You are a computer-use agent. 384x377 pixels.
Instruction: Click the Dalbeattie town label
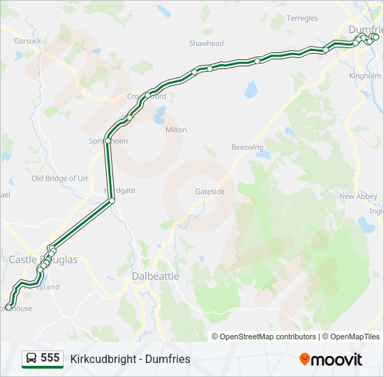point(156,276)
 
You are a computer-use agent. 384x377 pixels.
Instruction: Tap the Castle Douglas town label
point(43,260)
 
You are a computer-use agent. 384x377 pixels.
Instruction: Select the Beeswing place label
point(248,147)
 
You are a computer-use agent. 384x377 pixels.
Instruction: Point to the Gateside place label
point(209,191)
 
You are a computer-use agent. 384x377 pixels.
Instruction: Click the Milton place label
point(176,130)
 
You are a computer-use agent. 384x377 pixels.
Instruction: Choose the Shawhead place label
point(206,43)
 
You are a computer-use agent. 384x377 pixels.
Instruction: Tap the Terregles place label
point(302,18)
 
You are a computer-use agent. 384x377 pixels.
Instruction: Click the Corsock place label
point(28,41)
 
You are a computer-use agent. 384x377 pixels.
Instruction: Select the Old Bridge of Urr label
point(60,179)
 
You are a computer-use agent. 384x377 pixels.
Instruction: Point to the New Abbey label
point(358,197)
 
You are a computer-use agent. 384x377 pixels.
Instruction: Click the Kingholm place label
point(365,75)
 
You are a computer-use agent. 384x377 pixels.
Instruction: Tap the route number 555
point(50,358)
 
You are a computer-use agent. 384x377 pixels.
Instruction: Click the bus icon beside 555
point(31,359)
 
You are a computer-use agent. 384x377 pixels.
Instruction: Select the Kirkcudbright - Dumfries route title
point(130,359)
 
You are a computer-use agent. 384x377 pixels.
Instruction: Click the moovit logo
point(331,359)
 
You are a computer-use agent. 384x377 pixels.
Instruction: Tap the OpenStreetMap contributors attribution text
point(265,337)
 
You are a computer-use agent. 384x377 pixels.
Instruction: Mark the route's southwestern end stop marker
point(8,306)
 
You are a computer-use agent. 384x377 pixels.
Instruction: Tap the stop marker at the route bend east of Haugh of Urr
point(112,200)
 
